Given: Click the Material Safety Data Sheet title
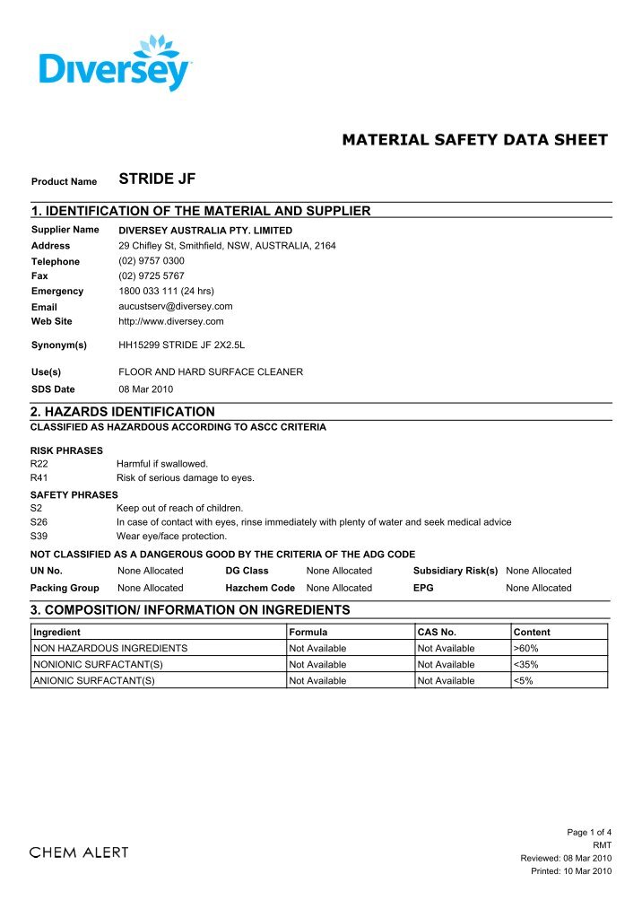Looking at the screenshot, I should click(x=474, y=140).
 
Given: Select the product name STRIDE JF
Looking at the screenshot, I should click(x=157, y=179).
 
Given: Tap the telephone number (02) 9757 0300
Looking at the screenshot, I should click(x=152, y=261).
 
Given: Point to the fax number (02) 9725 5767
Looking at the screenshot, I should click(x=152, y=275).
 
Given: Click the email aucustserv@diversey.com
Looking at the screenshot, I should click(x=176, y=306).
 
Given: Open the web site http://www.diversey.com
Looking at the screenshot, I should click(x=171, y=320).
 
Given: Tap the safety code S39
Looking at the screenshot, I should click(x=39, y=536).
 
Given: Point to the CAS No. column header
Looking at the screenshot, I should click(x=438, y=633).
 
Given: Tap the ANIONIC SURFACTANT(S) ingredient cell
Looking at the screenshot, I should click(x=94, y=681).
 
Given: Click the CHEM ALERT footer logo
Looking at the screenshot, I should click(x=79, y=852).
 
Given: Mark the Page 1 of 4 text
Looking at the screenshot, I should click(x=589, y=833).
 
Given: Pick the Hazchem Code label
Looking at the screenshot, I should click(x=260, y=588).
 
